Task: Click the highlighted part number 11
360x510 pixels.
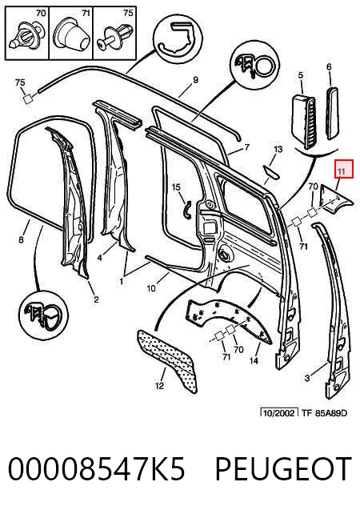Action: click(x=341, y=171)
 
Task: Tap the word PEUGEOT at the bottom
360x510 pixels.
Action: click(x=284, y=468)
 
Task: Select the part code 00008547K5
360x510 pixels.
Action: click(x=97, y=468)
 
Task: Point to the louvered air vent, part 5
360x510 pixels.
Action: click(x=302, y=121)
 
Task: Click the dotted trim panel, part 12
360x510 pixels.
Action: click(x=166, y=360)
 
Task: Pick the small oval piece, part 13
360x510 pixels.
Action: click(x=271, y=171)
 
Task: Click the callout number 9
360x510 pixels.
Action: click(x=195, y=80)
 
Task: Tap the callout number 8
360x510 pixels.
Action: click(x=21, y=240)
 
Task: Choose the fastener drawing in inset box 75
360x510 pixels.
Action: click(x=115, y=37)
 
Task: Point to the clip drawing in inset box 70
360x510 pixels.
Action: click(x=27, y=37)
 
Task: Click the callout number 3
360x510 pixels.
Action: click(x=307, y=378)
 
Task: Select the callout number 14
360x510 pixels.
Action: click(x=254, y=360)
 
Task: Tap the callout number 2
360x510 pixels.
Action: click(x=96, y=299)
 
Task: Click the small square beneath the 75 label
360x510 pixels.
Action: click(x=28, y=99)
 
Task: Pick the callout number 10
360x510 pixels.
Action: click(x=151, y=288)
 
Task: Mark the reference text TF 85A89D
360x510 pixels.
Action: click(x=324, y=413)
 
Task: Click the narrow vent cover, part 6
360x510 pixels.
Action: click(x=333, y=113)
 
